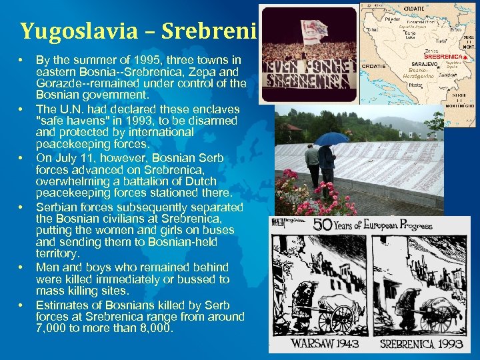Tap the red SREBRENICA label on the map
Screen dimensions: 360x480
tap(443, 57)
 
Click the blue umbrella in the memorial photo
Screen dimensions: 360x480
tap(331, 138)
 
